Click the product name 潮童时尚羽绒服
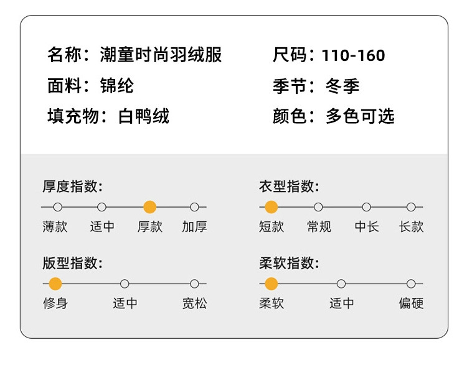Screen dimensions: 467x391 [x=161, y=55]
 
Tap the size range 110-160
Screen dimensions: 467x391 [x=353, y=55]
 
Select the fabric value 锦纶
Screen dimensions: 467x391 [x=116, y=85]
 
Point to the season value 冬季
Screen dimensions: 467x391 [x=342, y=85]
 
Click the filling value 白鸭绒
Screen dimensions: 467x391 [x=143, y=116]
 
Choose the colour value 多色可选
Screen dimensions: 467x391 [x=360, y=116]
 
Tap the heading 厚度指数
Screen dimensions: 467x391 [x=72, y=186]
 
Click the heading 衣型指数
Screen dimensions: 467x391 [x=289, y=186]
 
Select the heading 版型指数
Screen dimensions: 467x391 [x=72, y=262]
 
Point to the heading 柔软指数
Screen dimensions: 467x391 [x=289, y=262]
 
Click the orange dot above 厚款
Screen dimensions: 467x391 [x=149, y=207]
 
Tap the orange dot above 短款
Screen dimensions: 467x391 [x=271, y=207]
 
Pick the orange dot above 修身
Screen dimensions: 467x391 [x=55, y=284]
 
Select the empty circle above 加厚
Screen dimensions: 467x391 [x=194, y=207]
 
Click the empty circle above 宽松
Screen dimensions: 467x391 [x=194, y=284]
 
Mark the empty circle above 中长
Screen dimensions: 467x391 [x=366, y=207]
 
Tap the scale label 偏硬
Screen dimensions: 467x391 [x=411, y=303]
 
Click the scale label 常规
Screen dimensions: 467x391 [x=319, y=227]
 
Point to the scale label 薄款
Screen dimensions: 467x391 [x=55, y=227]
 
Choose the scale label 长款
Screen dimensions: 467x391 [x=411, y=227]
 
